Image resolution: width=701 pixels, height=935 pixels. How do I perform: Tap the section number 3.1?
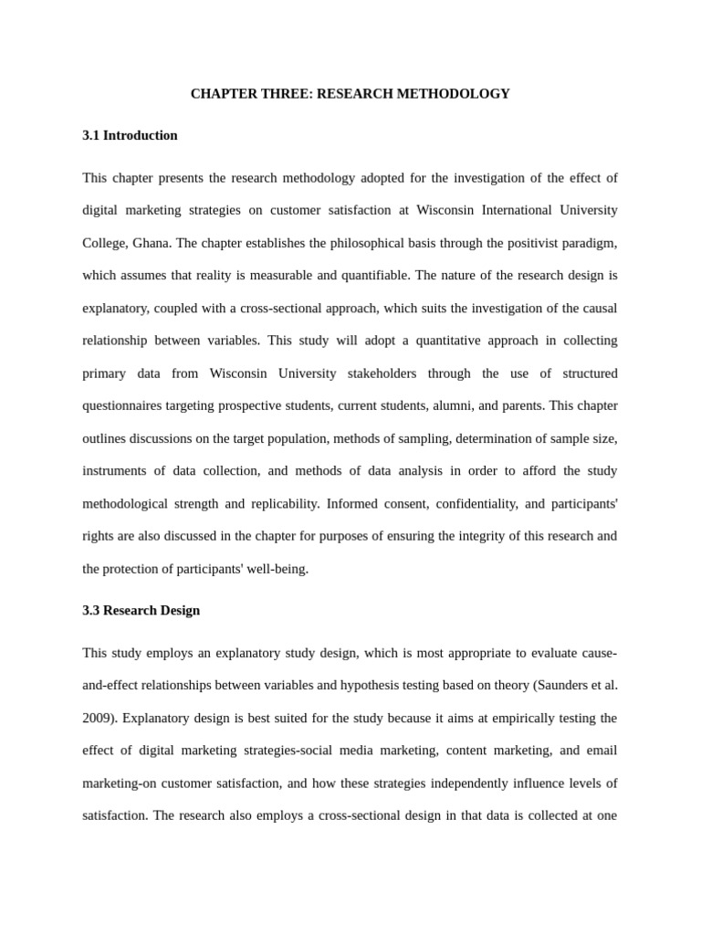point(90,135)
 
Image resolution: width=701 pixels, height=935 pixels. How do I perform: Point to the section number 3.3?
point(90,610)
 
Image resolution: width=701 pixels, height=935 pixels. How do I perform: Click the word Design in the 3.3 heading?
point(178,610)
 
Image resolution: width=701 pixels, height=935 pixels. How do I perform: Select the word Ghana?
point(151,243)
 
